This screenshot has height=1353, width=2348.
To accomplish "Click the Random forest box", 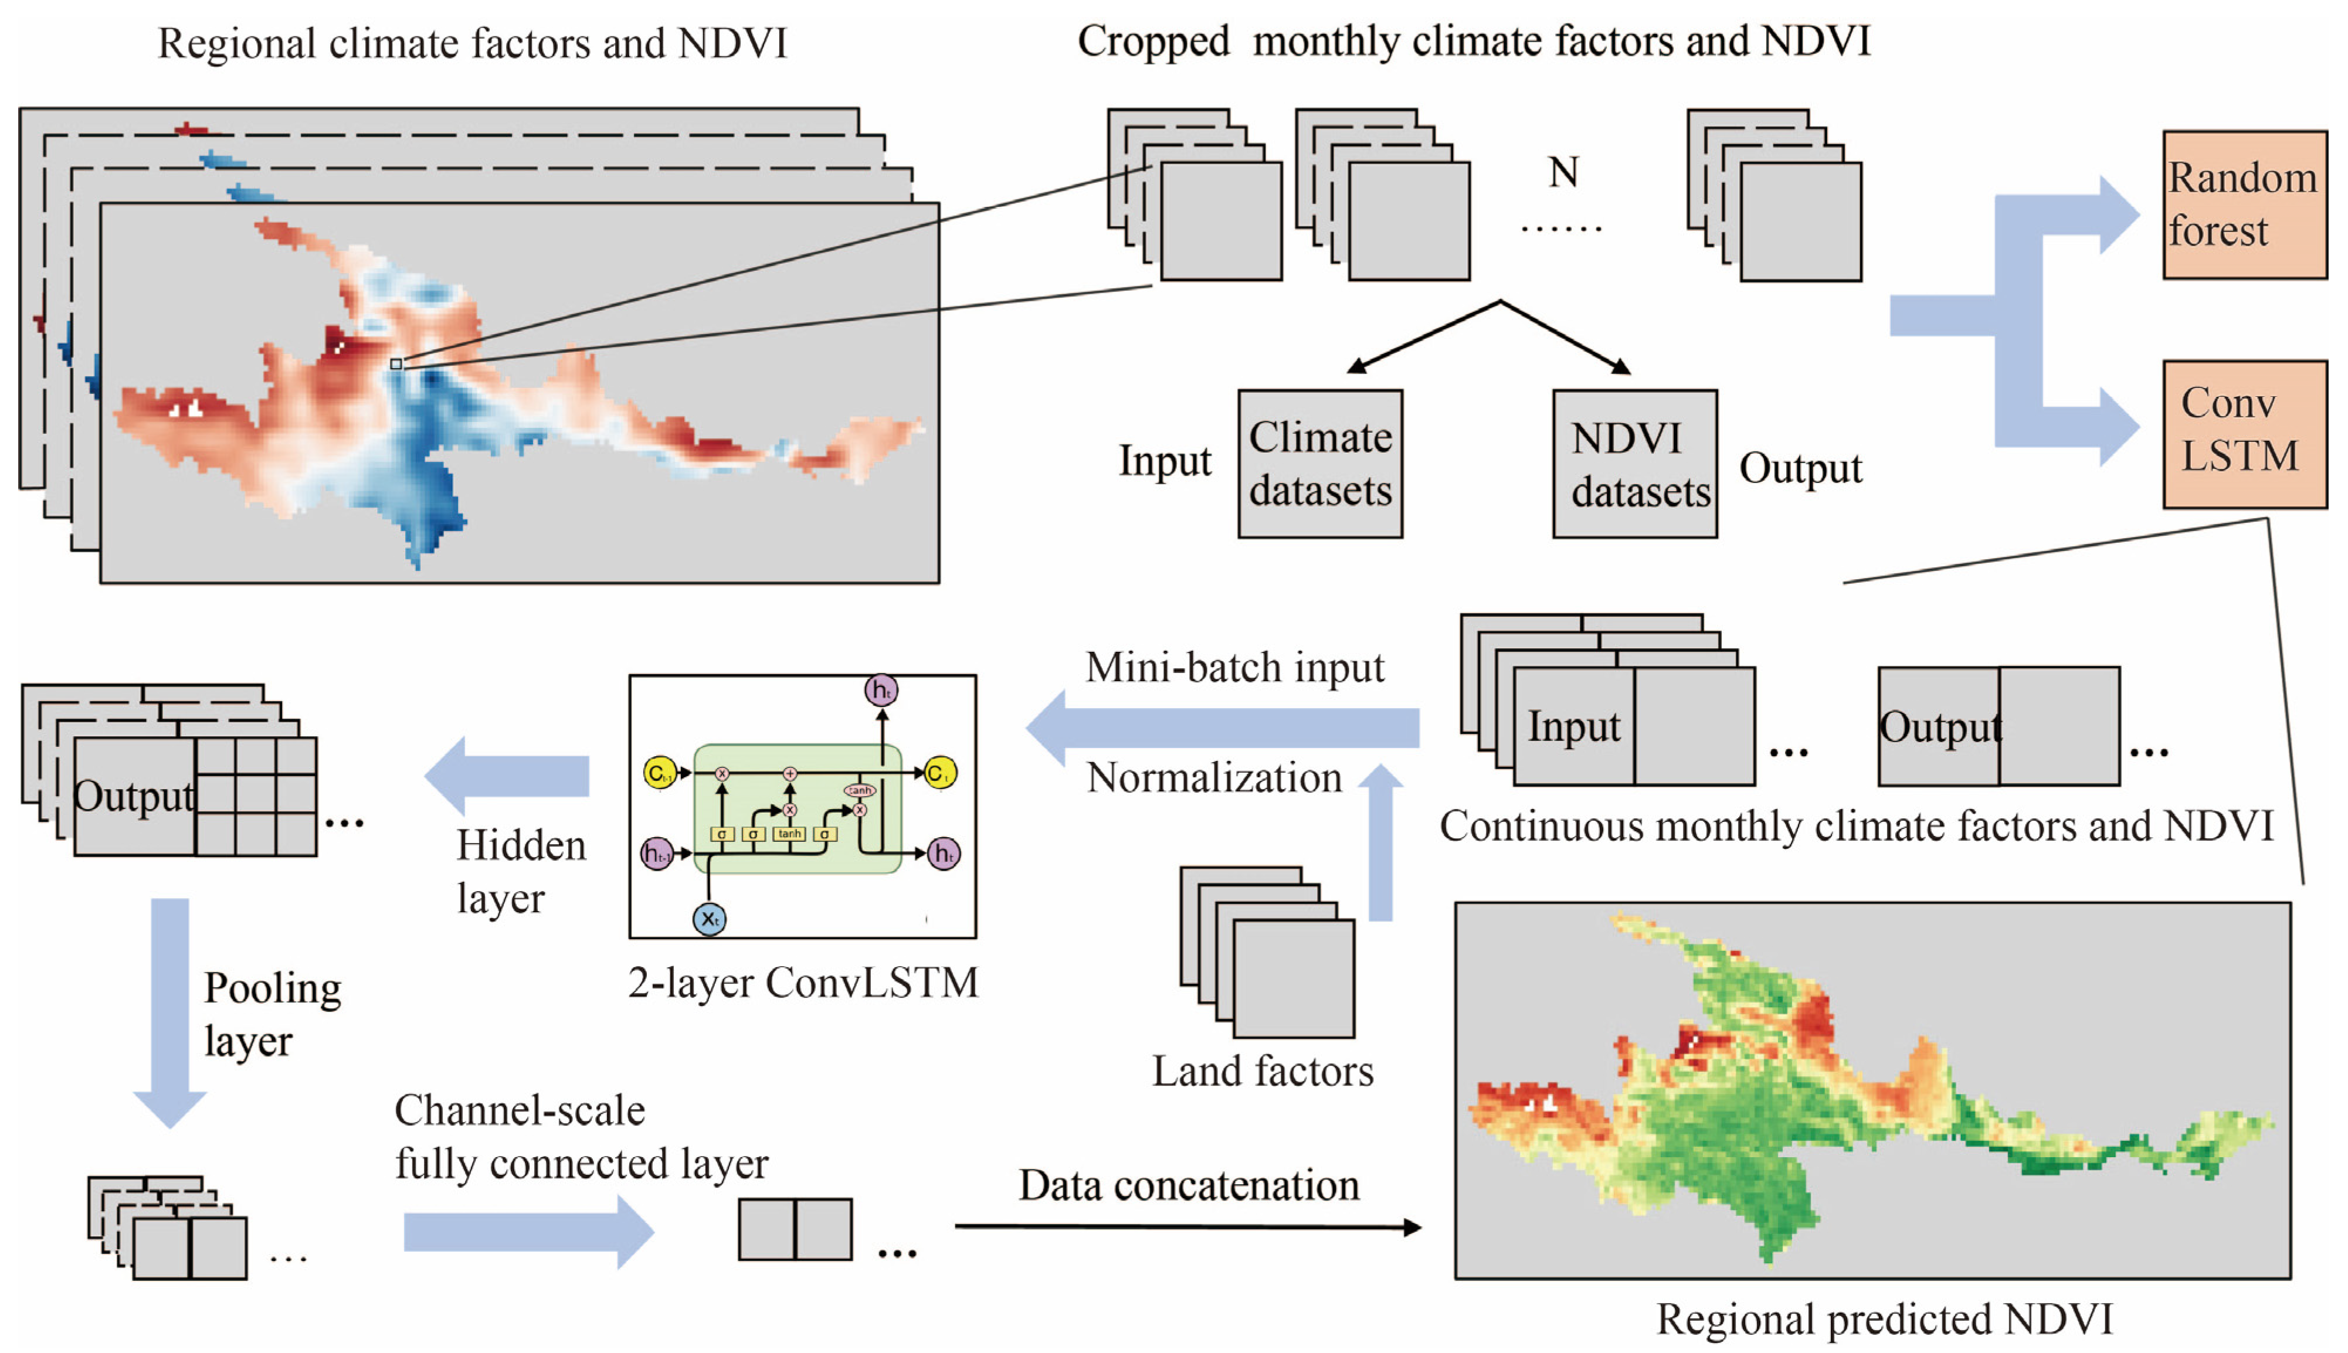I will click(2244, 205).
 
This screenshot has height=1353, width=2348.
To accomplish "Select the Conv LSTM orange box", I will click(2244, 433).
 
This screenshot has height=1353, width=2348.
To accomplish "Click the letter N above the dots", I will click(1563, 172).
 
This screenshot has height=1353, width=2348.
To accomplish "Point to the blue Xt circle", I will click(709, 919).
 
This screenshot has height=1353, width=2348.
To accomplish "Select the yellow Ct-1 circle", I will click(660, 772).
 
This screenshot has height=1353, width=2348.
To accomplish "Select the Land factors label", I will click(1263, 1072).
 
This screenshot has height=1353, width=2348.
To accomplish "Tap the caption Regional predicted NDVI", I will click(1884, 1318).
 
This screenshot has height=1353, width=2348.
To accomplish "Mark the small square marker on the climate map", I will click(396, 364).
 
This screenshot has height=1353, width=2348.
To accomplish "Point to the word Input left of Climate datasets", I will click(1164, 461).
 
